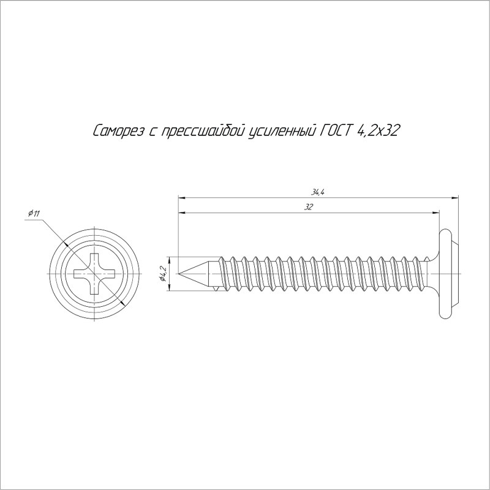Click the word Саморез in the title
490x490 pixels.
click(x=119, y=131)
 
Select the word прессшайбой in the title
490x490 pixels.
click(x=202, y=131)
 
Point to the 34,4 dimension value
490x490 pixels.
click(x=317, y=192)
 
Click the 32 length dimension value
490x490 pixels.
click(x=308, y=207)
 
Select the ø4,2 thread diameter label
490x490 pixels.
click(x=162, y=274)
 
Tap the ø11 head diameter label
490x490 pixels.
click(x=34, y=214)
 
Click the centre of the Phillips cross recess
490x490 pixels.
click(x=94, y=274)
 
